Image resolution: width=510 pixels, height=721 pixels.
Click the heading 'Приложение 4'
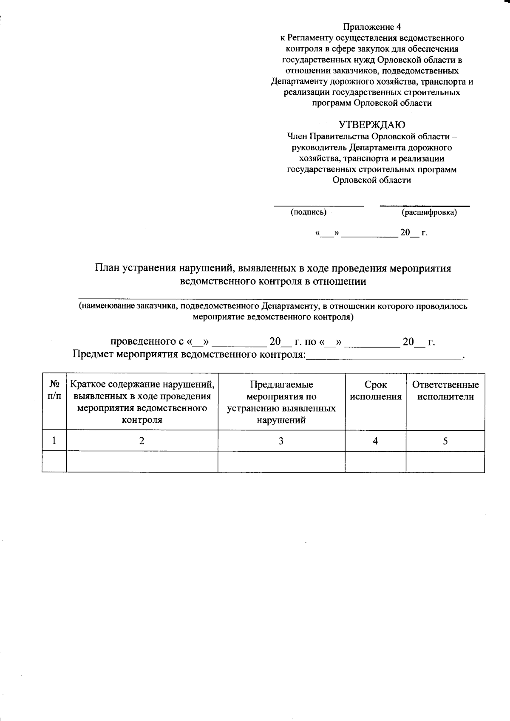tap(372, 27)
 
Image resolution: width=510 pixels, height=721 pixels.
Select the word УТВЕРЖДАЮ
tap(372, 124)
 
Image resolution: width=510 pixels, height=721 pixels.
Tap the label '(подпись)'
tap(308, 212)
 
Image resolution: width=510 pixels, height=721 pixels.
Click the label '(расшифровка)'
tap(429, 212)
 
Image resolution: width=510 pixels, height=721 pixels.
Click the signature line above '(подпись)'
tap(318, 206)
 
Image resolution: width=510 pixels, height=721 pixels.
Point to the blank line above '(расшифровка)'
tap(425, 206)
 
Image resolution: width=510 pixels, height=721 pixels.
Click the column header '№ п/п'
tap(54, 390)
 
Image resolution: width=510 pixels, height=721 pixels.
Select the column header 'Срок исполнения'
tap(375, 390)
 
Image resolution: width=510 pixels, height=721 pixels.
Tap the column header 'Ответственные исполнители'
tap(445, 390)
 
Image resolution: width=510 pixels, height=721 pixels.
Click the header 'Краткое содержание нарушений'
tap(142, 402)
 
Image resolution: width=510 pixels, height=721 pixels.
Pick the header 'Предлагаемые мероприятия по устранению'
tap(281, 402)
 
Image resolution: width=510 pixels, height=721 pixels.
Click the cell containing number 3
tap(281, 441)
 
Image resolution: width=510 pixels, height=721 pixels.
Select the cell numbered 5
tap(445, 441)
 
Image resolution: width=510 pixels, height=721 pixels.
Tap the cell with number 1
tap(54, 441)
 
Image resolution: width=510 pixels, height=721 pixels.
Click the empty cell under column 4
tap(375, 462)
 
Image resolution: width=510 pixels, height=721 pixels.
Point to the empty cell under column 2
tap(142, 462)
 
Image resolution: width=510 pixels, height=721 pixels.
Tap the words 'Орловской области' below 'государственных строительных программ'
tap(372, 180)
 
